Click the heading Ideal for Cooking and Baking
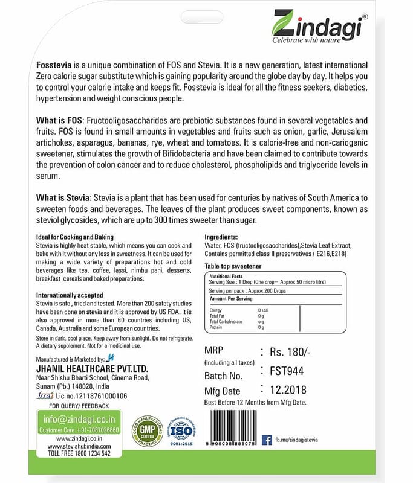[x=74, y=237]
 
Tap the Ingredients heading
[x=221, y=237]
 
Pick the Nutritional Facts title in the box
[x=227, y=275]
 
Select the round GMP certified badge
[x=147, y=430]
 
